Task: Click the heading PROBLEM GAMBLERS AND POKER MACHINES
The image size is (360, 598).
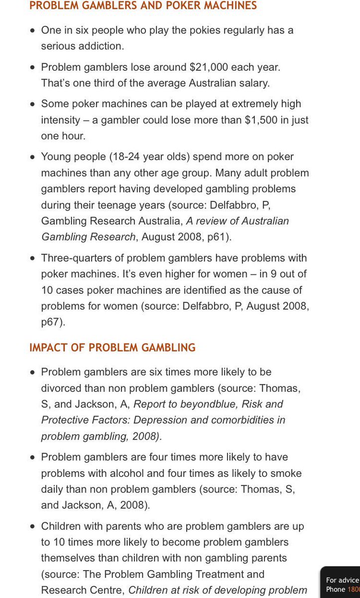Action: (143, 6)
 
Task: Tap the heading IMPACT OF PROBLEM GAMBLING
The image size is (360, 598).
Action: (113, 348)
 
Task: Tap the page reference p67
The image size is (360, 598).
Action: (51, 322)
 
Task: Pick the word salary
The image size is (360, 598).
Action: (254, 83)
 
